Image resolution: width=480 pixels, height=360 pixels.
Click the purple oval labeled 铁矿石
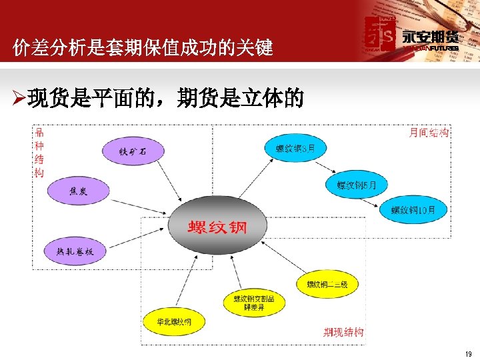[x=133, y=152]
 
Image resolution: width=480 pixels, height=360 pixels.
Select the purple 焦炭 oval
[x=78, y=191]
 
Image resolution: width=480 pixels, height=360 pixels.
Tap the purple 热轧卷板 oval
[x=75, y=251]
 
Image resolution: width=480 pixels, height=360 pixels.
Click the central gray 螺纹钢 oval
[x=217, y=225]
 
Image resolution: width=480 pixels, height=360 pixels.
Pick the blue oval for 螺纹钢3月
[x=296, y=148]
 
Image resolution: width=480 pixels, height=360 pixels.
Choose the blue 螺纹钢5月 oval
[x=357, y=185]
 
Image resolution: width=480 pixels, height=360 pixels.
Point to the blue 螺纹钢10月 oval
[x=413, y=210]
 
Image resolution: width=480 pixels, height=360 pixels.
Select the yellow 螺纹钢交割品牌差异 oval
[x=254, y=303]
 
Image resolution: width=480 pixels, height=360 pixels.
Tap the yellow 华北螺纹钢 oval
[x=173, y=322]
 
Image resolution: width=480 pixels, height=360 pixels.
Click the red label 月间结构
[x=428, y=133]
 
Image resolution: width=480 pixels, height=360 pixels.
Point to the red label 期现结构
[x=343, y=331]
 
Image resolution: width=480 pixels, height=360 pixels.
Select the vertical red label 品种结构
[x=39, y=153]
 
